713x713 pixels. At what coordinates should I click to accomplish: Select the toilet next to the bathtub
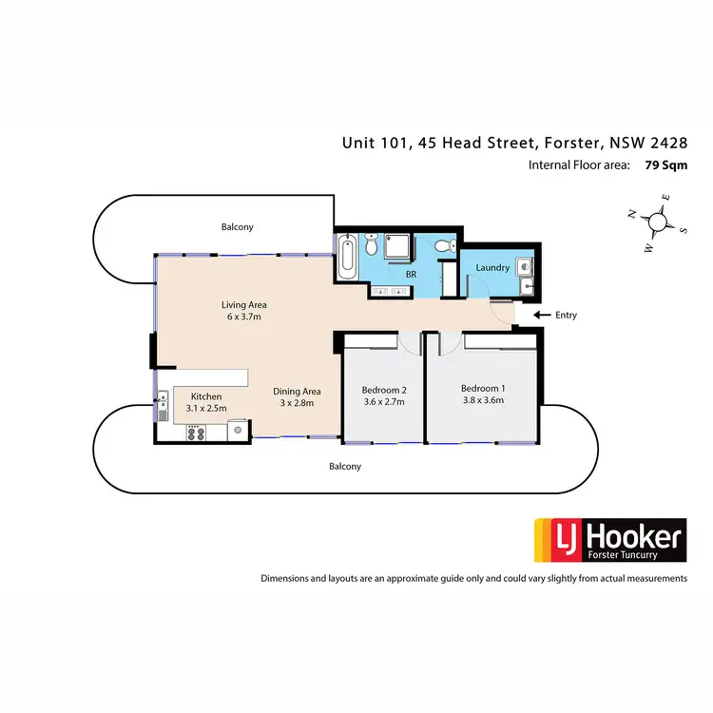tap(372, 249)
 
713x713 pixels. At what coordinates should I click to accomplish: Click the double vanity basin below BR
tap(392, 291)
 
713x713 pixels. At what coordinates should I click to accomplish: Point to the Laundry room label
tap(493, 268)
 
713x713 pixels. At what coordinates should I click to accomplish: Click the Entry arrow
tap(541, 315)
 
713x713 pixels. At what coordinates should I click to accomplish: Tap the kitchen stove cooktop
tap(197, 433)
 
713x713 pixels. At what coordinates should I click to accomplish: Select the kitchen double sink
tap(164, 405)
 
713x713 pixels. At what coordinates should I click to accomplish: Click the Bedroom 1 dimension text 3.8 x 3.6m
tap(482, 400)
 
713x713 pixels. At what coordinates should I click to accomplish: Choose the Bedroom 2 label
tap(384, 389)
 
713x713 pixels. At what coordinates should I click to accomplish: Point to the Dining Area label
tap(298, 391)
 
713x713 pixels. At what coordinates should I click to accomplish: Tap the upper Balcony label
tap(238, 227)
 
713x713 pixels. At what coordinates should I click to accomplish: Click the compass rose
tap(656, 222)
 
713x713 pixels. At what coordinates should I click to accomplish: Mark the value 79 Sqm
tap(665, 164)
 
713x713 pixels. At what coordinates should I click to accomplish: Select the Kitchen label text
tap(206, 396)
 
